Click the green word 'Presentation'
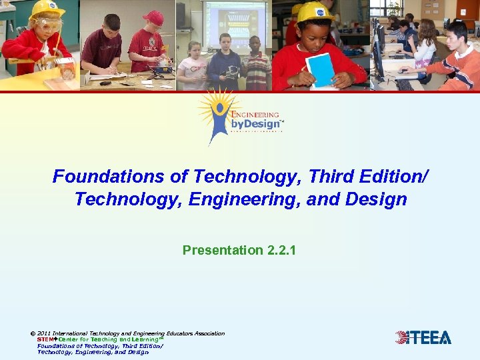pyautogui.click(x=223, y=251)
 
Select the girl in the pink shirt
pyautogui.click(x=193, y=67)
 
